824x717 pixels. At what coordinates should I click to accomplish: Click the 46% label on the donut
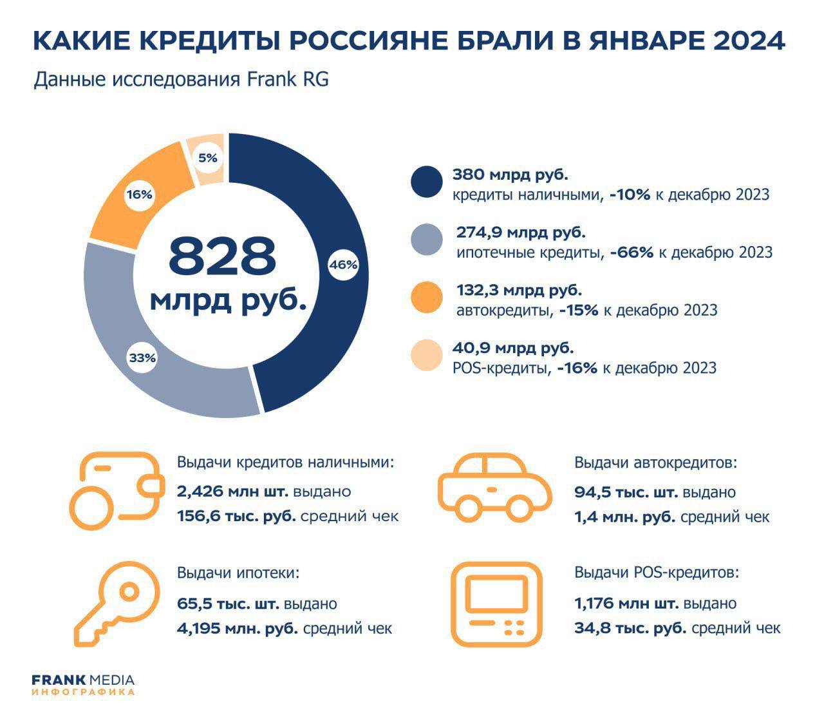343,264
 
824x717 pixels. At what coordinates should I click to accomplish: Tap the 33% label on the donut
142,358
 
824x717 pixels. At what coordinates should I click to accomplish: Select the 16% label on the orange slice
139,194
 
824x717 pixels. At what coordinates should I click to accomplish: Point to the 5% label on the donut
207,157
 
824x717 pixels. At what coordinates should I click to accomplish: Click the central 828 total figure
222,256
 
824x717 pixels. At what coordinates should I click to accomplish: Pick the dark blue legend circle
427,182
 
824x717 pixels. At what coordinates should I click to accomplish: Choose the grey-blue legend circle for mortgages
427,240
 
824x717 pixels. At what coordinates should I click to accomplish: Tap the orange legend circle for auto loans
427,298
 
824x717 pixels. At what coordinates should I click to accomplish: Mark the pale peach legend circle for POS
427,356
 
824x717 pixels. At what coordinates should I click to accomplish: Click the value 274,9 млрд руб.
521,233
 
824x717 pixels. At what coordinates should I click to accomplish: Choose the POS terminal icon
494,603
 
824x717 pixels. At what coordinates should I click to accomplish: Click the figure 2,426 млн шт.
233,492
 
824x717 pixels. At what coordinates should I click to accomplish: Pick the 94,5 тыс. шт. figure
626,493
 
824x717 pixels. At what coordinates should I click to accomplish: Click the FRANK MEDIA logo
83,684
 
